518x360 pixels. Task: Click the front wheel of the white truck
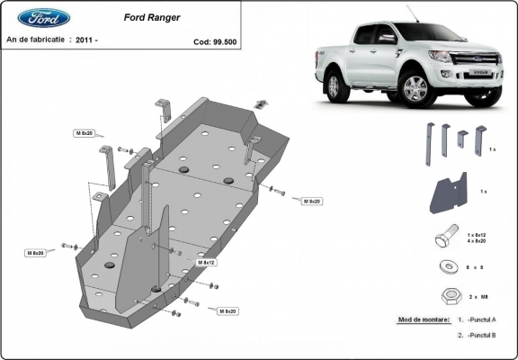coord(415,90)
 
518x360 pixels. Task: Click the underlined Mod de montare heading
coord(421,319)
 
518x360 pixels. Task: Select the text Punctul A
coord(480,319)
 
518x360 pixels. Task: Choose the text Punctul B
coord(480,335)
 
